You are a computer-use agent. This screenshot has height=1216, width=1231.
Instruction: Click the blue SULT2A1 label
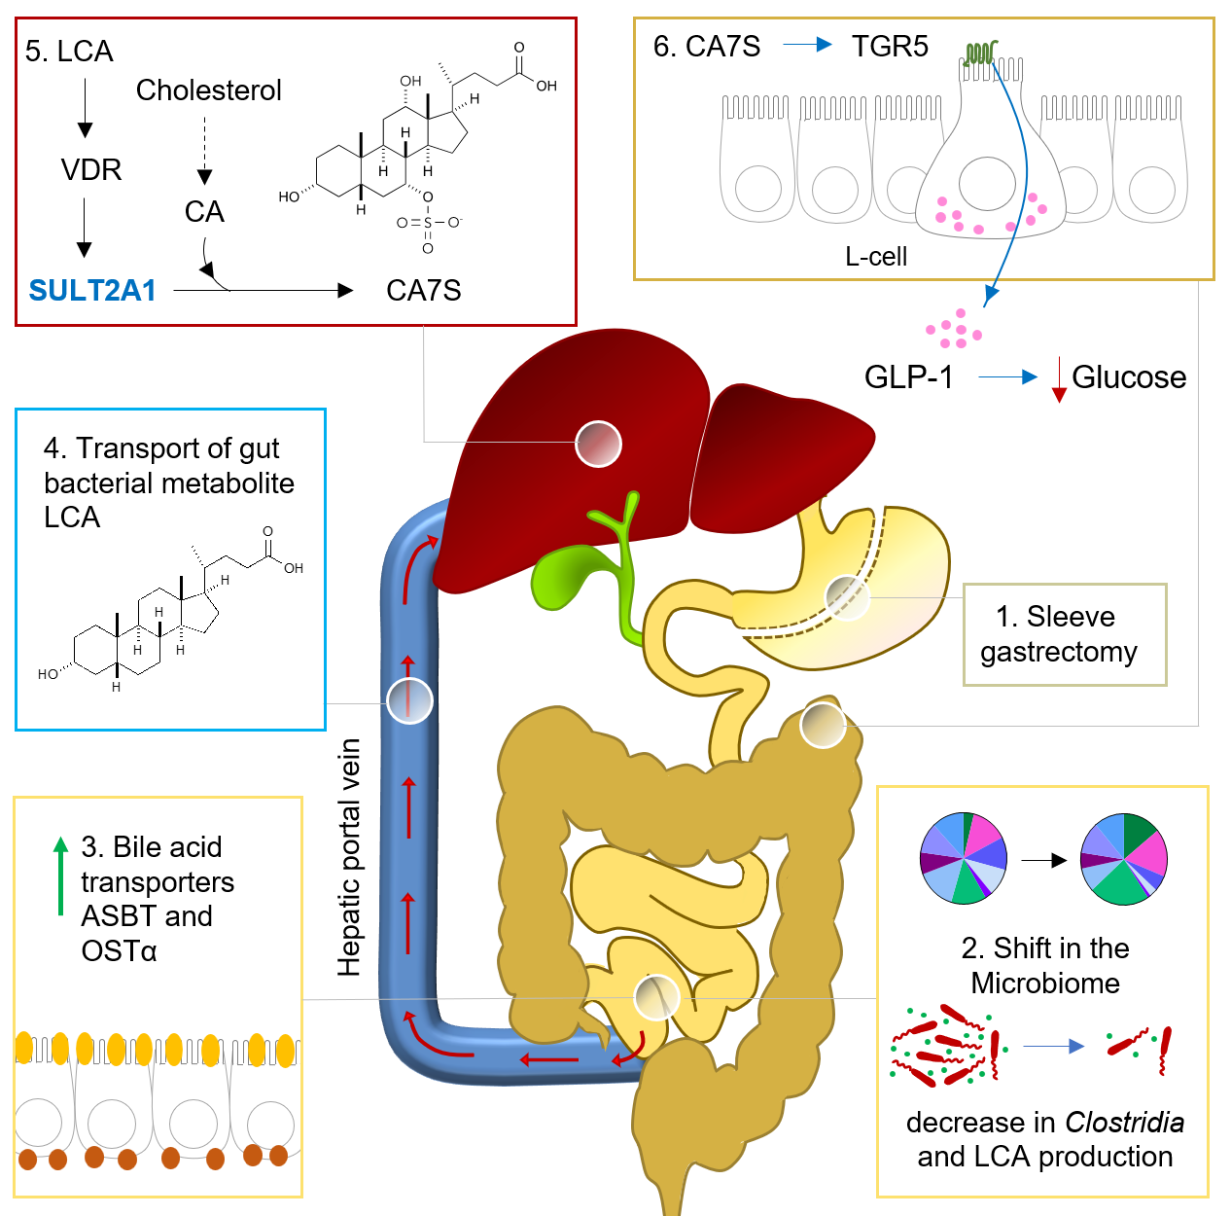click(92, 290)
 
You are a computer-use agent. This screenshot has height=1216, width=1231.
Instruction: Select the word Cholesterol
click(208, 90)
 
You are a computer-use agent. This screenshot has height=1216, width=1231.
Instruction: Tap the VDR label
click(91, 170)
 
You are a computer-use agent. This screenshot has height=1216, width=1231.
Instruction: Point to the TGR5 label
click(890, 47)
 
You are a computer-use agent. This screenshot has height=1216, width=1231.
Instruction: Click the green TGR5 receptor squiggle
click(981, 53)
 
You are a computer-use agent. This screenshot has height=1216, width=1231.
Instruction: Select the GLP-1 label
click(909, 377)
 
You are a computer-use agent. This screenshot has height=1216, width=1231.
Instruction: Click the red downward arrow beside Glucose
click(1060, 380)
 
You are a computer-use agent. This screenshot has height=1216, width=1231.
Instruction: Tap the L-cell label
click(876, 257)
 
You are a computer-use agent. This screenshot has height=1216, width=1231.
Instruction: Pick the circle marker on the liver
click(598, 445)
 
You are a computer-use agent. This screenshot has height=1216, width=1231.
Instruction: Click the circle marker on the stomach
click(847, 597)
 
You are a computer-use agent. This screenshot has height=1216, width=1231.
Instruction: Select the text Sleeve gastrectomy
click(1058, 634)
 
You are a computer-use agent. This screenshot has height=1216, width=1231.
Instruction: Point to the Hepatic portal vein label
click(349, 857)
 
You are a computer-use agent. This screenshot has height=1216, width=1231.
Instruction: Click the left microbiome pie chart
click(964, 858)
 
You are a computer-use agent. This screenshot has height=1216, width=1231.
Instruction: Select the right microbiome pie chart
click(1124, 859)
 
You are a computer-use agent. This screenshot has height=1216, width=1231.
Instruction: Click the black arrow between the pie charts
click(1043, 860)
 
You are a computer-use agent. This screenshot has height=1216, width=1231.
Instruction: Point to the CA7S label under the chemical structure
click(423, 290)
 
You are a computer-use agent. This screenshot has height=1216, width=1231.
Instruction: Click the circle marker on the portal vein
click(409, 700)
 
